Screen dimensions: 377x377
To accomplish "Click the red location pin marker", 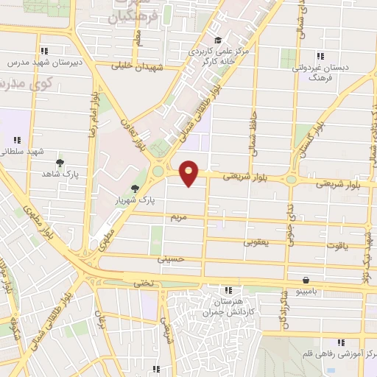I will point(189,172).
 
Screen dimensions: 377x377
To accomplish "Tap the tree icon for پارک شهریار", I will point(134,188).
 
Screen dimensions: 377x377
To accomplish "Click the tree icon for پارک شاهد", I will point(60,163).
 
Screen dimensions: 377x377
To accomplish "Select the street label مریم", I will point(180,219).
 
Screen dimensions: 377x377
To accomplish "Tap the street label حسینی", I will point(169,258).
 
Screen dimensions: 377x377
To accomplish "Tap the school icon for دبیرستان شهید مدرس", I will point(45,51).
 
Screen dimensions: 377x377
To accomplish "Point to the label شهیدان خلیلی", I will point(137,66).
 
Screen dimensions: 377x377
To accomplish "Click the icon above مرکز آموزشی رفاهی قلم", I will point(340,342).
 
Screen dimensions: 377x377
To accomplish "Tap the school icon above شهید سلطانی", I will point(17,140).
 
